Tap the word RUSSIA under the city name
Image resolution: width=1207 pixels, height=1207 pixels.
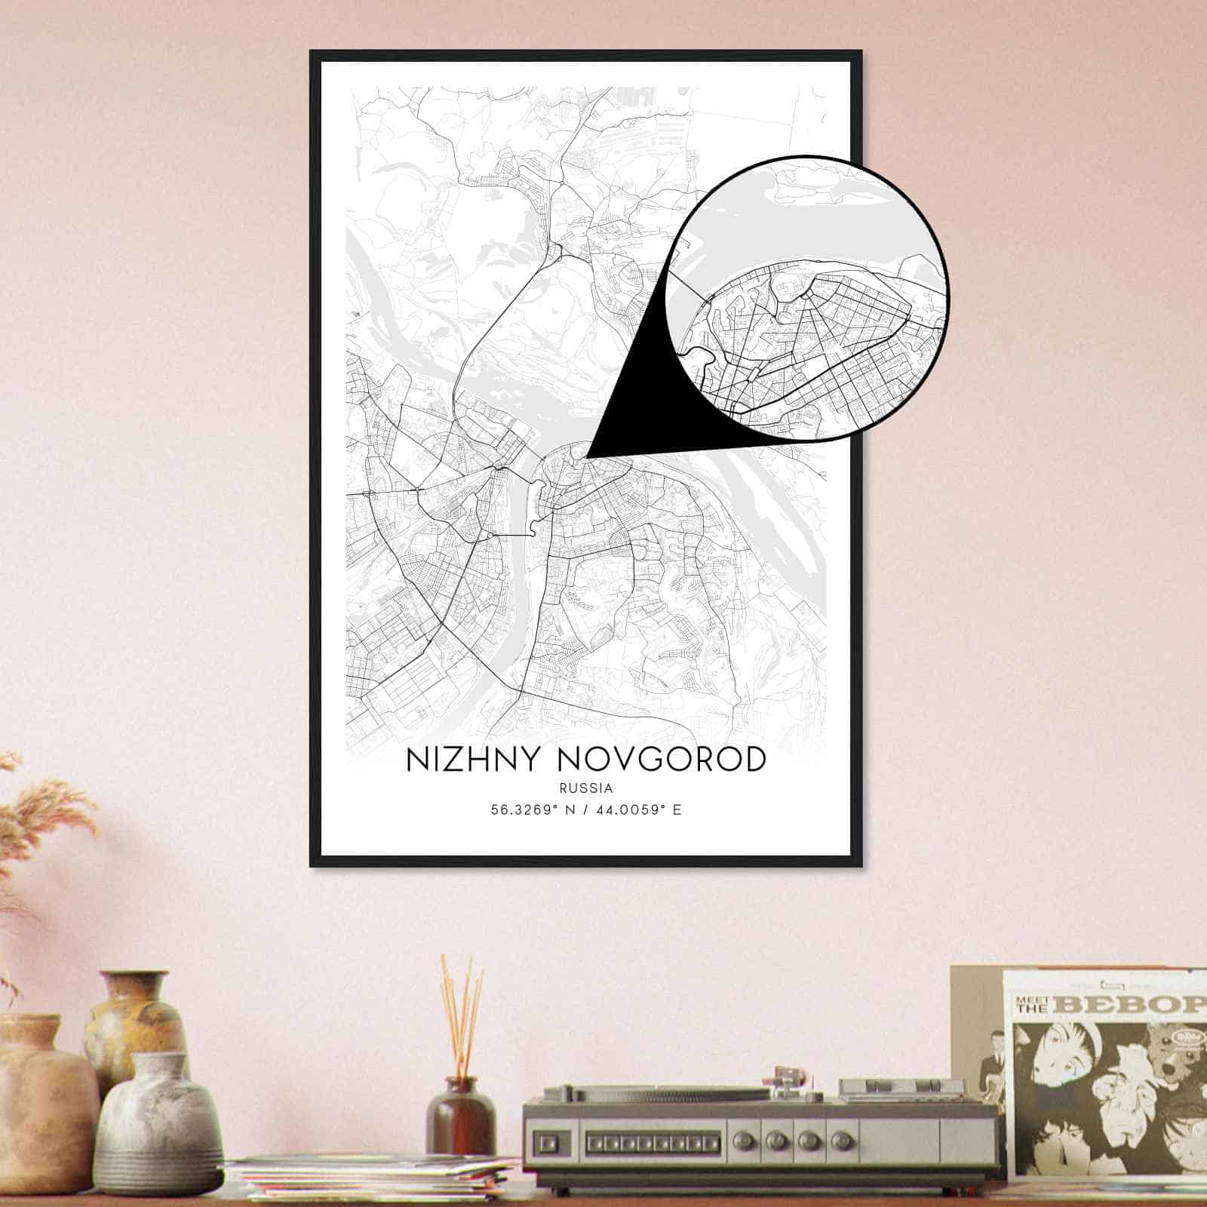(x=585, y=788)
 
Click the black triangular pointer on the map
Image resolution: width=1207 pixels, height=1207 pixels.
(x=634, y=407)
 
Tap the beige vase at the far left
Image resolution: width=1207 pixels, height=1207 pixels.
(x=38, y=1101)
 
